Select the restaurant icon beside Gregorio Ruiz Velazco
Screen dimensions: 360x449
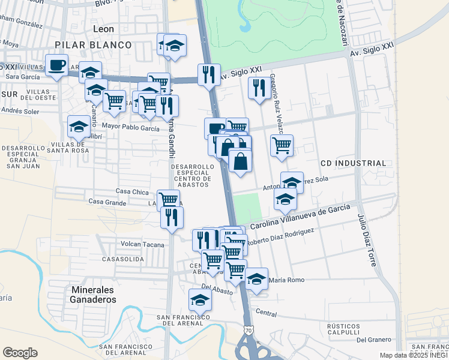(259, 88)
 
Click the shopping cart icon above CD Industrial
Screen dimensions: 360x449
(282, 145)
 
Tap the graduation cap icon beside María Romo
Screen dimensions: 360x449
(256, 279)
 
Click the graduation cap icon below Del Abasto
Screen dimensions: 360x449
(200, 299)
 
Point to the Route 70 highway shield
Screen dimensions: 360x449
(249, 330)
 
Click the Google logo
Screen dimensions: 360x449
(20, 352)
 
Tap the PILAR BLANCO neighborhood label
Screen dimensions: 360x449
(93, 45)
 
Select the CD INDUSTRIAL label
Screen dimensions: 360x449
(353, 163)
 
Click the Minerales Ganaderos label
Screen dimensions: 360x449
(93, 294)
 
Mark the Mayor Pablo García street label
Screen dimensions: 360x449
(131, 127)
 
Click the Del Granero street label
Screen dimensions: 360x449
(373, 340)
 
